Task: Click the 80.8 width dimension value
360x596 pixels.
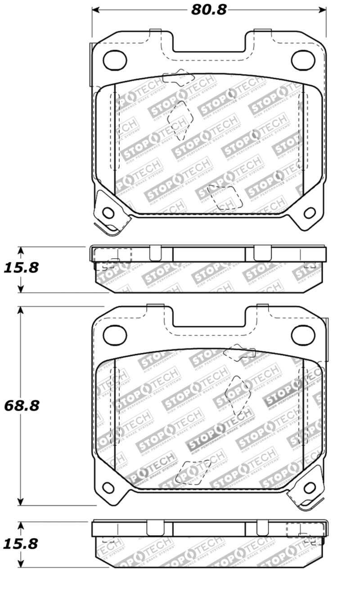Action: [x=208, y=9]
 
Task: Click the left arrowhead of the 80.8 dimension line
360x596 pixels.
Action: [x=95, y=9]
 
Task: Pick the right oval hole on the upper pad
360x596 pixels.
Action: [x=302, y=60]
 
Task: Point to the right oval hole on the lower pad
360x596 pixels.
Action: [x=302, y=334]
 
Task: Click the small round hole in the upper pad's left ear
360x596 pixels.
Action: [x=108, y=212]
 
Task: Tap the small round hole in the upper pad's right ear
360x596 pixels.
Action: [x=309, y=212]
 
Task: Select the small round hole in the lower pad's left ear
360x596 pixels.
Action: [x=108, y=487]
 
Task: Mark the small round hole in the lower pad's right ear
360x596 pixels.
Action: [x=309, y=487]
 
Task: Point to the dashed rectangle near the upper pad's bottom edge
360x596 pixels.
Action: [x=222, y=198]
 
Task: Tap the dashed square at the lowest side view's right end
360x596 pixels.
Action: [x=299, y=530]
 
